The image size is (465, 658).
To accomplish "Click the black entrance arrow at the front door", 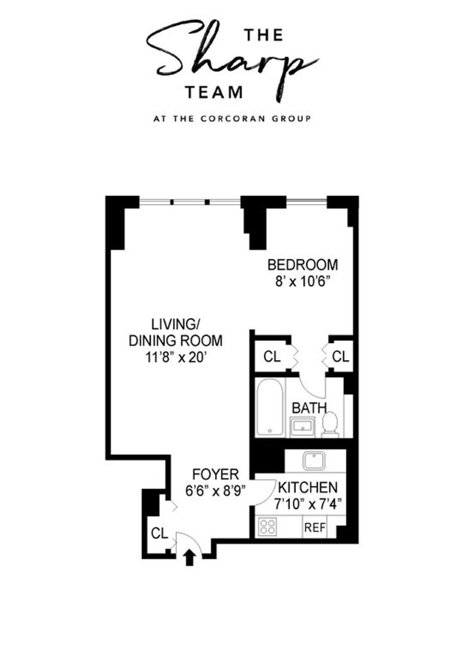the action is coord(189,558).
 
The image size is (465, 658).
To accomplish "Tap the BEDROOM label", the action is coord(303,265).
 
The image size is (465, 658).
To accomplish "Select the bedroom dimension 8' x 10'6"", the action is coord(301,282).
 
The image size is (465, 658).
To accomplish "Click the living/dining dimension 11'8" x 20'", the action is coord(176,357).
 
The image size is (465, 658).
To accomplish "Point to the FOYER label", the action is coord(216,474).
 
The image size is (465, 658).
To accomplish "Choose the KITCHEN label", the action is coord(307,488).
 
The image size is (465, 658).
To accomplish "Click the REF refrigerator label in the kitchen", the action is coord(315,528).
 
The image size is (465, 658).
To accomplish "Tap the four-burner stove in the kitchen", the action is coord(268,527).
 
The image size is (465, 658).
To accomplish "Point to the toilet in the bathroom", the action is coord(330,425).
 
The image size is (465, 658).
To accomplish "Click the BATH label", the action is coord(309,408).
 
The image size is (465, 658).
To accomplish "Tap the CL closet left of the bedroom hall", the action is coord(272,357).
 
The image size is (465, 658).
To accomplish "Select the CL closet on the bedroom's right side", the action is coord(340,357).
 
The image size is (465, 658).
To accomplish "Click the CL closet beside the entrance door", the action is coord(159,533).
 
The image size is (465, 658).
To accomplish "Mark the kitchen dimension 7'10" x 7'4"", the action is coord(308,504).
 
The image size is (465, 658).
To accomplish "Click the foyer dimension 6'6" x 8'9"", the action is coord(216,490).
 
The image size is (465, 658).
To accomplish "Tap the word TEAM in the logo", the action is coord(214,93).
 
